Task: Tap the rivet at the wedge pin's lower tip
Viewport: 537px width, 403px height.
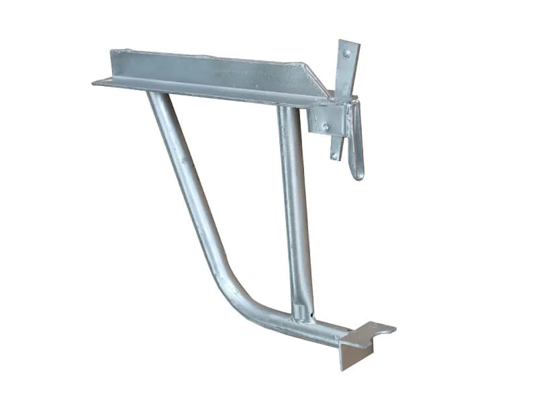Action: [334, 156]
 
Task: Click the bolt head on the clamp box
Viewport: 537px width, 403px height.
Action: [325, 126]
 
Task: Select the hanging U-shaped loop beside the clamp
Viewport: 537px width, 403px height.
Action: [355, 141]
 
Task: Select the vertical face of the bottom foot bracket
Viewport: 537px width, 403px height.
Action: [348, 355]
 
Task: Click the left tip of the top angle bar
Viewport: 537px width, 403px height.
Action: [96, 82]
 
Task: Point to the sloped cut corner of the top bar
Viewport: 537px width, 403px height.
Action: [315, 77]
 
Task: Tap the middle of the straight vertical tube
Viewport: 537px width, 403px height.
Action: [295, 208]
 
